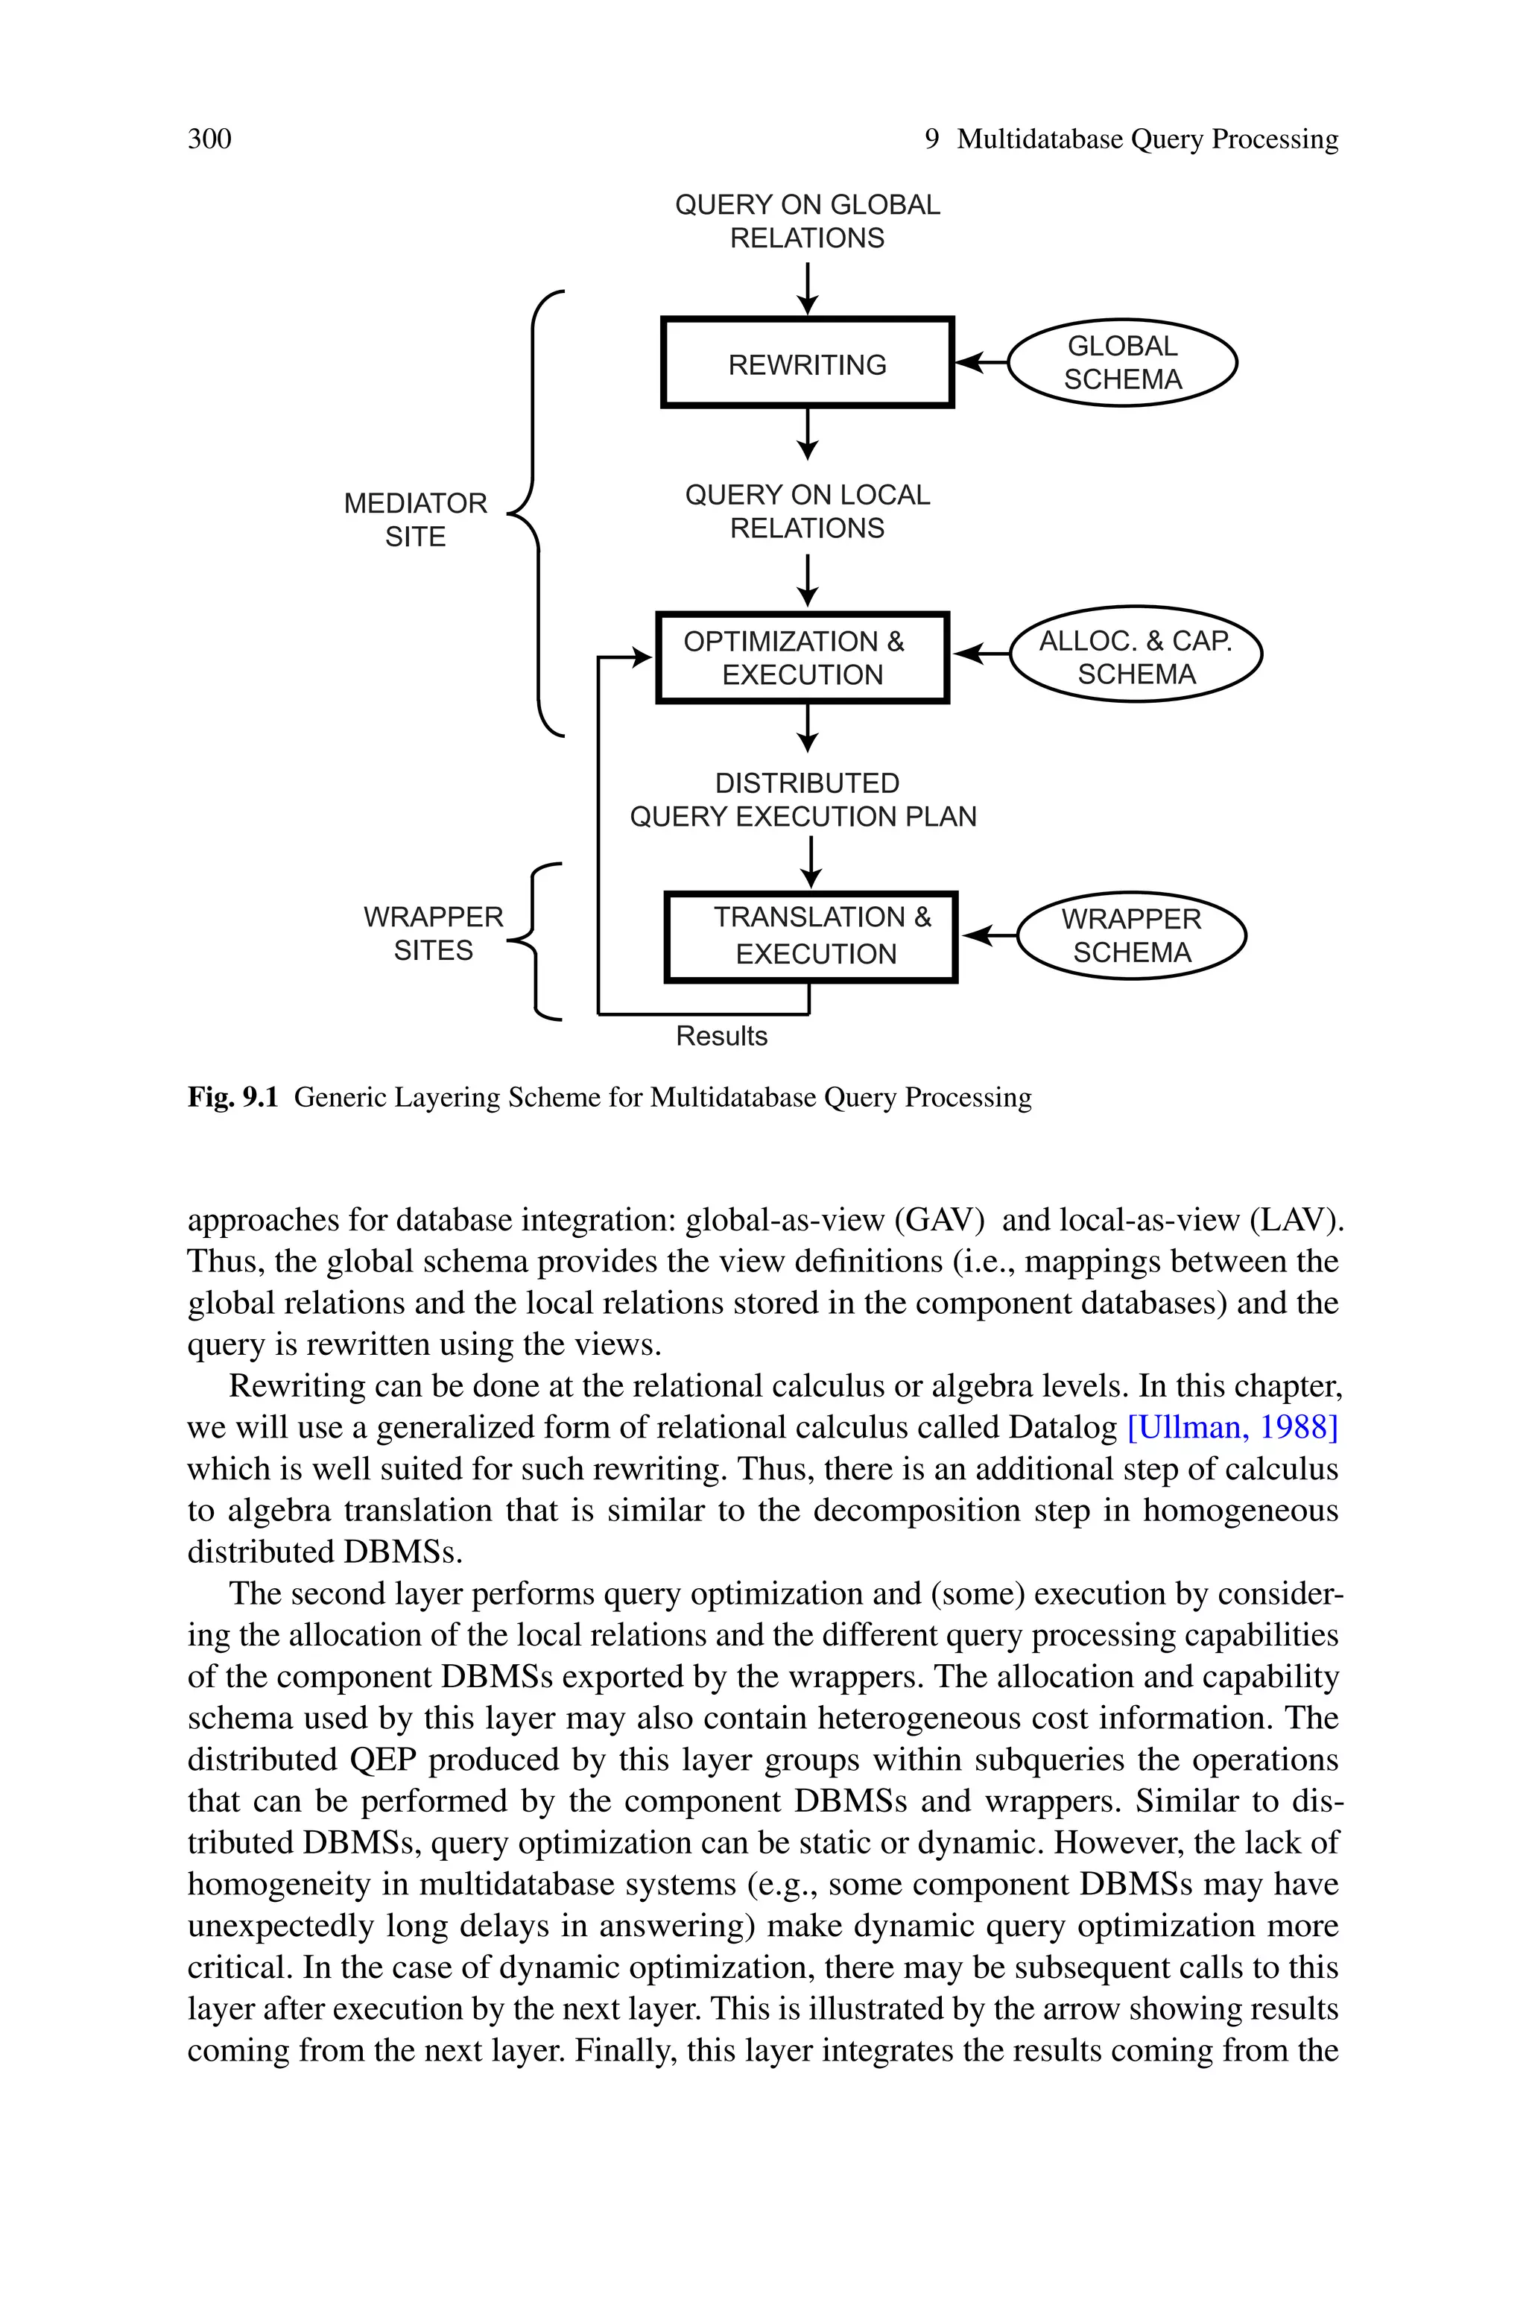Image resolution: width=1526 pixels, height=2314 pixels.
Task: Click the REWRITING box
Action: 807,363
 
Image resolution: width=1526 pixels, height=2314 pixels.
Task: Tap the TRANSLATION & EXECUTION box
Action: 811,936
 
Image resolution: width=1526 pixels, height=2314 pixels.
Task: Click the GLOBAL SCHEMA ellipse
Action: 1121,362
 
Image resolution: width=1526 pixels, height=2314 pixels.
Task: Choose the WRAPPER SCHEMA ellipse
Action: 1131,935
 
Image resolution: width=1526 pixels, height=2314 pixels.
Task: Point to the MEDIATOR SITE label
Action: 416,519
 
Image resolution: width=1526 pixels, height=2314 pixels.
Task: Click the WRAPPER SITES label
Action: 433,933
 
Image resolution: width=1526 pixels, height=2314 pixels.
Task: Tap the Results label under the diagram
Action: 721,1035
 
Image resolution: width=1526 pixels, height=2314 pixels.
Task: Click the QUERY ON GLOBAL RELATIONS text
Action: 807,221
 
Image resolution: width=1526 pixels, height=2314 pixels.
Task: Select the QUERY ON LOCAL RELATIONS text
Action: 807,511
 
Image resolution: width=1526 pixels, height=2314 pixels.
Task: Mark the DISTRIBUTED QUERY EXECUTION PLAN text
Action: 803,800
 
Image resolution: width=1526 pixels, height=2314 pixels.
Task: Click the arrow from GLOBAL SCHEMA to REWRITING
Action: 981,362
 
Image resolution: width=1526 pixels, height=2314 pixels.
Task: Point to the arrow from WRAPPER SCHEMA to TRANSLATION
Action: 989,935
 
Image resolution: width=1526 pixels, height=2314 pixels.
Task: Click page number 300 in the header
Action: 209,139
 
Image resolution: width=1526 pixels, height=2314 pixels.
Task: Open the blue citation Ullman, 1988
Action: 1232,1427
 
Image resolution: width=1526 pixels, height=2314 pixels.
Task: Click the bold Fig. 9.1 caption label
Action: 232,1098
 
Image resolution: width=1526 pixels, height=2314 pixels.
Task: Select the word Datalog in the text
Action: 1063,1427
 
